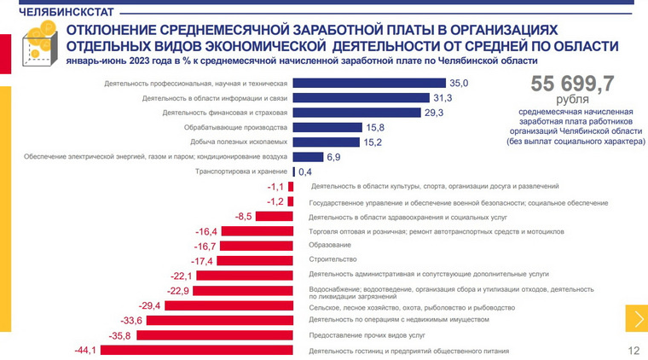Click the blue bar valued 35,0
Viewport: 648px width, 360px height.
(369, 83)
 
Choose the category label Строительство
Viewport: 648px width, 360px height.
(333, 259)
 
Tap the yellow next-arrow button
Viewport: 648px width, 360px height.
(635, 319)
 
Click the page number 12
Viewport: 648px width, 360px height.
(633, 351)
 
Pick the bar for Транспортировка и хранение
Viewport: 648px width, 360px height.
(294, 171)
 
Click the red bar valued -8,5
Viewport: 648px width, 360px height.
(274, 216)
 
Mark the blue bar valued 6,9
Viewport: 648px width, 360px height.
(308, 157)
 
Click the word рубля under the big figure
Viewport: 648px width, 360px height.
(573, 100)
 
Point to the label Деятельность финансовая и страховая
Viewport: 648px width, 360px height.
(224, 113)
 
